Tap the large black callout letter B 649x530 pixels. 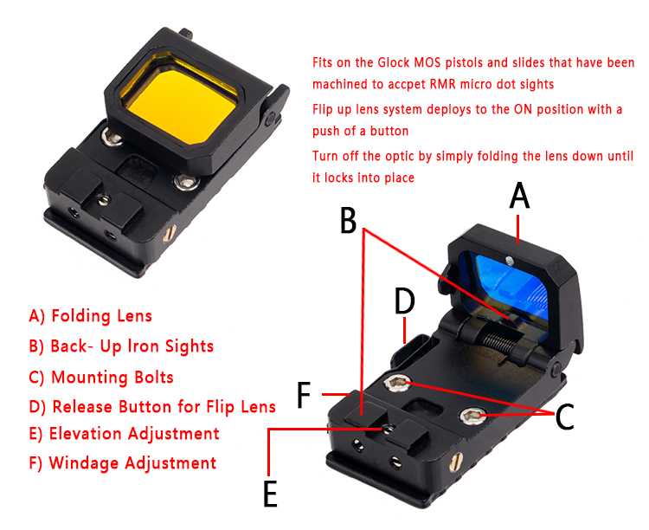348,220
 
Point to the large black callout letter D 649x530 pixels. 404,301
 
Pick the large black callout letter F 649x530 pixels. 305,395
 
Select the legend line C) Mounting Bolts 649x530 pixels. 101,377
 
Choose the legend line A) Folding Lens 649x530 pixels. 91,316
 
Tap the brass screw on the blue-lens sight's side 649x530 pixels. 454,462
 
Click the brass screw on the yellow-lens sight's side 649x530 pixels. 170,233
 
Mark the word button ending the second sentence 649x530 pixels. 389,132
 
